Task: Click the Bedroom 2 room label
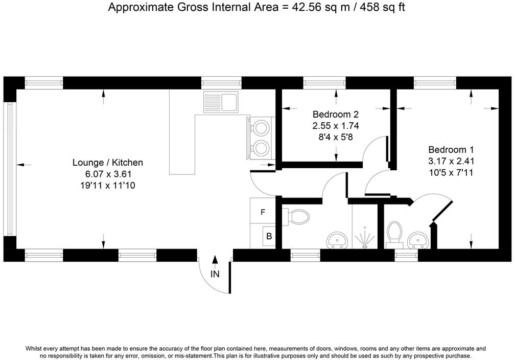pyautogui.click(x=335, y=115)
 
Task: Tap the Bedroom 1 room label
pyautogui.click(x=451, y=150)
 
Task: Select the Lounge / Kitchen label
pyautogui.click(x=108, y=163)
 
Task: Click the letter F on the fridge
pyautogui.click(x=263, y=212)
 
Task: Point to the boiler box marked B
pyautogui.click(x=269, y=236)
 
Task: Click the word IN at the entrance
pyautogui.click(x=215, y=274)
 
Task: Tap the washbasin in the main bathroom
pyautogui.click(x=337, y=240)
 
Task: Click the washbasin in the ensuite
pyautogui.click(x=417, y=240)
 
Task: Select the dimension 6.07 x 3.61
pyautogui.click(x=108, y=174)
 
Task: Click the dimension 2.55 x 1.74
pyautogui.click(x=336, y=126)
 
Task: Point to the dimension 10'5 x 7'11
pyautogui.click(x=451, y=173)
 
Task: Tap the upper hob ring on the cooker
pyautogui.click(x=261, y=127)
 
